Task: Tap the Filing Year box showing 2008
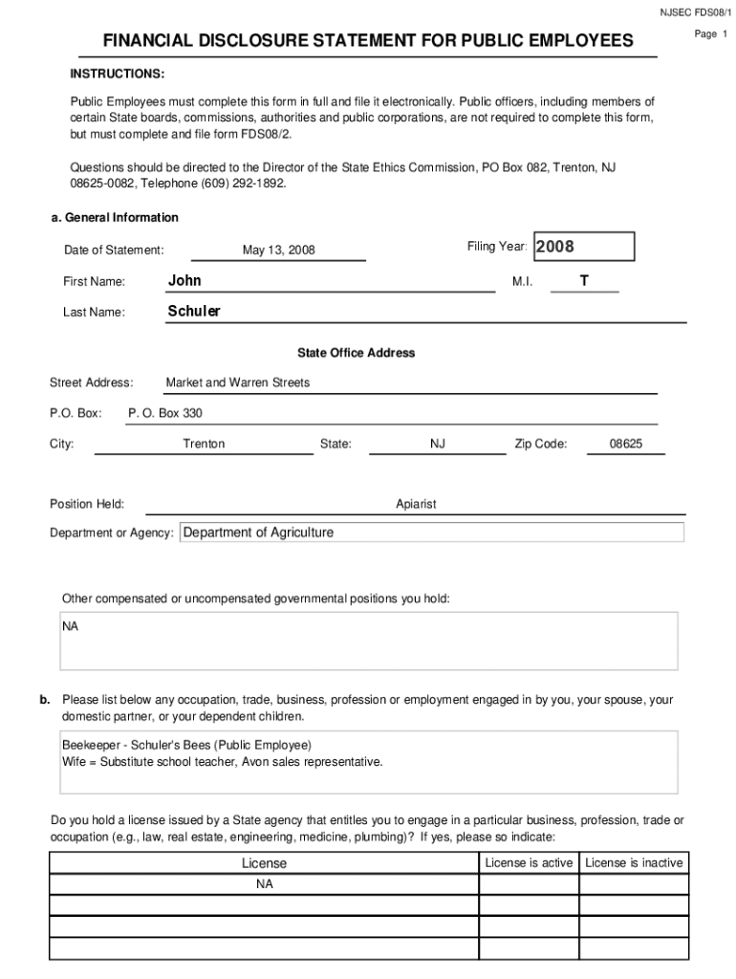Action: coord(583,247)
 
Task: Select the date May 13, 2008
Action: coord(278,250)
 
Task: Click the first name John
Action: coord(184,280)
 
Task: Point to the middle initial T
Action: coord(584,280)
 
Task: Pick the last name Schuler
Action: coord(194,311)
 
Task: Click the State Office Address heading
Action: coord(356,353)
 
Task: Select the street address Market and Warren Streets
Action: coord(238,382)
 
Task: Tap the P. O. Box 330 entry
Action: coord(165,413)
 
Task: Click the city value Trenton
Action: coord(204,444)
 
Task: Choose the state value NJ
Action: coord(438,444)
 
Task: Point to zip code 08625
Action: coord(626,444)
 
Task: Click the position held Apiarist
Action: coord(416,504)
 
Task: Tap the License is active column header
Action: coord(529,862)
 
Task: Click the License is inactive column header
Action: coord(634,862)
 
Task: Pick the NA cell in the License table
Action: coord(264,884)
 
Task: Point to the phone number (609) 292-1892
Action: coord(239,183)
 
